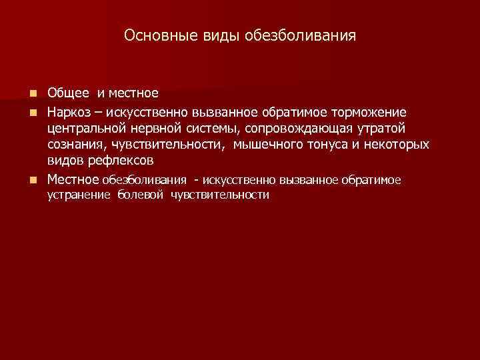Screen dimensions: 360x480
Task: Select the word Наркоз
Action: tap(69, 110)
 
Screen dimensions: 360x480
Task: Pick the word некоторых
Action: tap(394, 144)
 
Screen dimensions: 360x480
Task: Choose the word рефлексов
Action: tap(116, 161)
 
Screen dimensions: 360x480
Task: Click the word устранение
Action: tap(79, 195)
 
